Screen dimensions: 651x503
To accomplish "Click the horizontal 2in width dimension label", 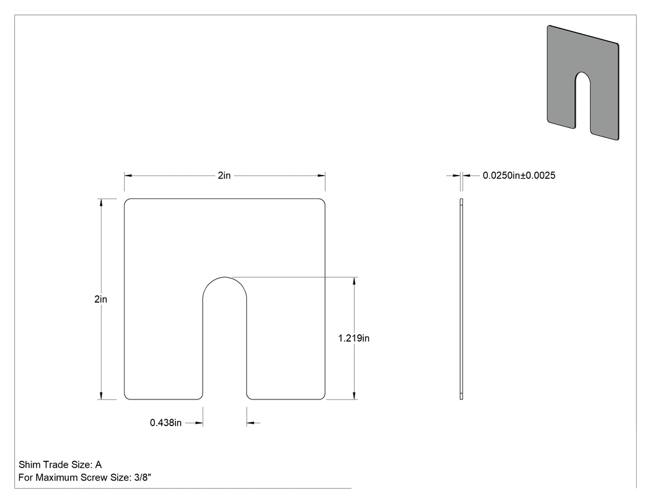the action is pyautogui.click(x=224, y=176).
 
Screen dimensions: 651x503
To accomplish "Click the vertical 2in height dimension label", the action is pyautogui.click(x=101, y=299).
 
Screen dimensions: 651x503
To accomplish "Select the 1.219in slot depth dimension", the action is pyautogui.click(x=354, y=338).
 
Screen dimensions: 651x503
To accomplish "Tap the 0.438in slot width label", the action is pyautogui.click(x=166, y=423).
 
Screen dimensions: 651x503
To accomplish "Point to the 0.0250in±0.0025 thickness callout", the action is pyautogui.click(x=519, y=176).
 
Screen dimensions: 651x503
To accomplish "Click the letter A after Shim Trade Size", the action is pyautogui.click(x=99, y=465).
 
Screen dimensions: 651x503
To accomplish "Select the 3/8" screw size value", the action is pyautogui.click(x=143, y=478).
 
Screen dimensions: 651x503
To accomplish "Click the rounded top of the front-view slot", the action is pyautogui.click(x=224, y=277).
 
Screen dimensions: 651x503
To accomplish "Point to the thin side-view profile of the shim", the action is pyautogui.click(x=461, y=299).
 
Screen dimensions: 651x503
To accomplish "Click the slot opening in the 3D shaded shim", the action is pyautogui.click(x=583, y=104).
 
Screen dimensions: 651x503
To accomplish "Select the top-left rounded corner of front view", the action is pyautogui.click(x=126, y=201).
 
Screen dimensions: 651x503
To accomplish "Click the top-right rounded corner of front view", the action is pyautogui.click(x=322, y=201).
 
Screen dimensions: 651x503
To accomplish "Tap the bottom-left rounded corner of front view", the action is pyautogui.click(x=126, y=397).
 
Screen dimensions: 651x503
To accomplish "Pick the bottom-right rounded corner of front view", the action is pyautogui.click(x=322, y=397).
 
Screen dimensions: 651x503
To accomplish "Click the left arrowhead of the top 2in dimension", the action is pyautogui.click(x=128, y=176).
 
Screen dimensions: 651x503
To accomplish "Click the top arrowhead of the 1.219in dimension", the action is pyautogui.click(x=354, y=281).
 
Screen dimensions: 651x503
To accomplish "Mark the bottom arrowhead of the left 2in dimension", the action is pyautogui.click(x=101, y=396).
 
